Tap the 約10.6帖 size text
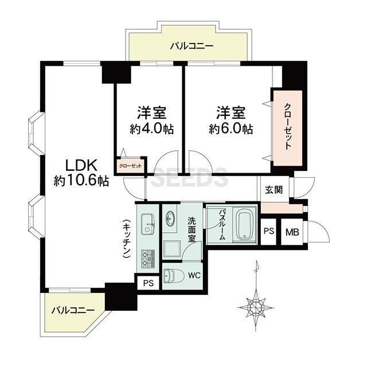point(81,181)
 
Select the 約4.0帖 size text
point(152,128)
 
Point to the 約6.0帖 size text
point(231,128)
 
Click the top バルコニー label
point(192,46)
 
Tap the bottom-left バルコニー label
point(73,311)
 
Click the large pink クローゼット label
point(288,126)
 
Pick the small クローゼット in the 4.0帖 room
point(131,166)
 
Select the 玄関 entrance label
point(274,190)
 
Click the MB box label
point(292,232)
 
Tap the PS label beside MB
point(269,231)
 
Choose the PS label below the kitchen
point(149,283)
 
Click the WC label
point(194,275)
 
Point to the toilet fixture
point(170,276)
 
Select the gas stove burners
point(148,259)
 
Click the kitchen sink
point(149,224)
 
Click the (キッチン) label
point(127,239)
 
